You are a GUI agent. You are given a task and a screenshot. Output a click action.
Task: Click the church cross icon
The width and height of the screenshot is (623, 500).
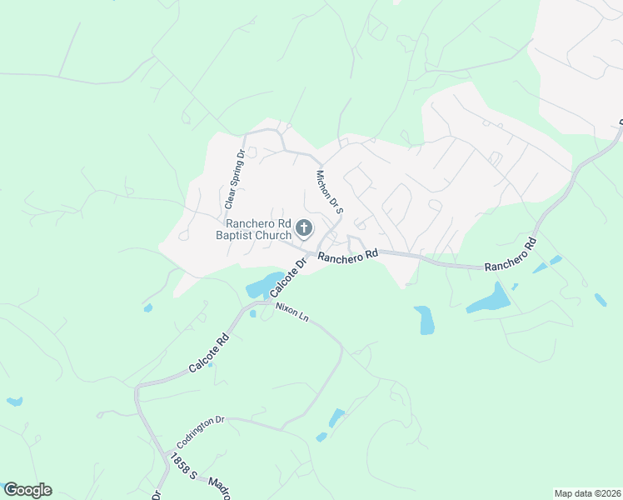(305, 227)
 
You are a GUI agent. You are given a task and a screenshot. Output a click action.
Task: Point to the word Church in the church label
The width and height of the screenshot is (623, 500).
(273, 236)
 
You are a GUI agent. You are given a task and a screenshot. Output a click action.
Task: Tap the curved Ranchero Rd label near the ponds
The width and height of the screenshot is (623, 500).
(510, 257)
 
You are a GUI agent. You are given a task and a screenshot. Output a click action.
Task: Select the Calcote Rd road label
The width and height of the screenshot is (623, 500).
(207, 353)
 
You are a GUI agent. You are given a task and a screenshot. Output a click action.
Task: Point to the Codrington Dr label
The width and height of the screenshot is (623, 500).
(201, 432)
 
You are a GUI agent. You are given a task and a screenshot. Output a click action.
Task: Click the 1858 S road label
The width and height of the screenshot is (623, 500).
(181, 466)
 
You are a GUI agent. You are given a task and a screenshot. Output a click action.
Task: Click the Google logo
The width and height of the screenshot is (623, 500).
(27, 490)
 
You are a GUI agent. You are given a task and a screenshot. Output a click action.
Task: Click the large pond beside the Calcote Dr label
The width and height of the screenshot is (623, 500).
(265, 284)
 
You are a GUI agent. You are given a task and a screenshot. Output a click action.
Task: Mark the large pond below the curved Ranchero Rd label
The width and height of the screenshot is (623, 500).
(490, 299)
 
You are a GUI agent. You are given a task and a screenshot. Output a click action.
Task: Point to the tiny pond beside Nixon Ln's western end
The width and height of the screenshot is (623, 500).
(252, 314)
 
